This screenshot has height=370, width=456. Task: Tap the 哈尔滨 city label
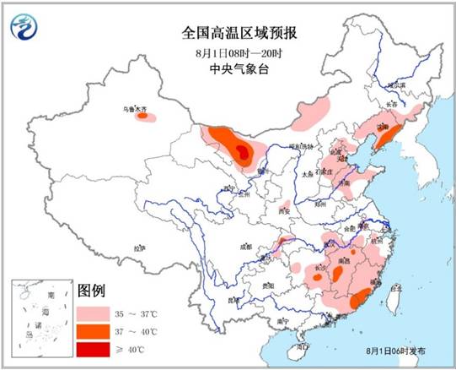[x=397, y=84]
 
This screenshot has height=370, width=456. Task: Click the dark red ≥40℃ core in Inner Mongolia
[x=243, y=151]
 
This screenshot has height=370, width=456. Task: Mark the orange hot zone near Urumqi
[x=147, y=117]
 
